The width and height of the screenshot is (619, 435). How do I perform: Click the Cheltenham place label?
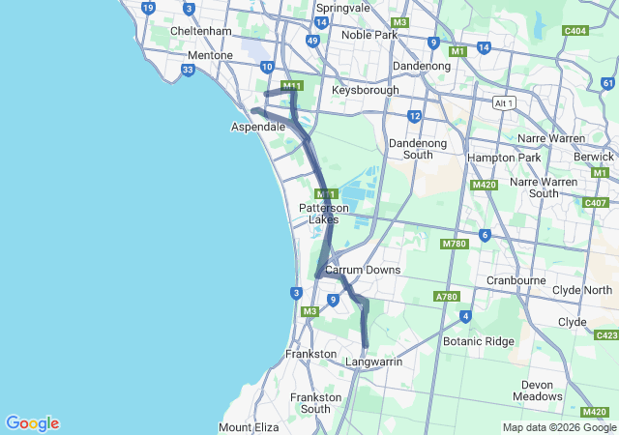pyautogui.click(x=199, y=31)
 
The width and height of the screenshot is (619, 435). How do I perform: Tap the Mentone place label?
pyautogui.click(x=210, y=55)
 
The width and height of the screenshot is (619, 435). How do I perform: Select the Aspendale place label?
pyautogui.click(x=257, y=127)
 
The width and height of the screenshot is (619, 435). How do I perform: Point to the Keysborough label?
pyautogui.click(x=365, y=90)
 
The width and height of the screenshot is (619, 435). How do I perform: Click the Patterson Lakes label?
pyautogui.click(x=324, y=214)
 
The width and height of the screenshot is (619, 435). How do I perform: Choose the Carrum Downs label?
pyautogui.click(x=363, y=270)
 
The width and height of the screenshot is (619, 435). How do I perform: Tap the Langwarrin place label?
pyautogui.click(x=373, y=362)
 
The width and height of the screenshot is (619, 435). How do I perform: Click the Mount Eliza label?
pyautogui.click(x=249, y=427)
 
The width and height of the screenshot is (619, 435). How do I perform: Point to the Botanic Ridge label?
pyautogui.click(x=478, y=341)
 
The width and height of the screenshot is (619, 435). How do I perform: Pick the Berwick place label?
pyautogui.click(x=594, y=156)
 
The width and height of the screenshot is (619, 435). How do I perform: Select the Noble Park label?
pyautogui.click(x=370, y=35)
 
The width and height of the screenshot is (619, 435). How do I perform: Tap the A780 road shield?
pyautogui.click(x=446, y=297)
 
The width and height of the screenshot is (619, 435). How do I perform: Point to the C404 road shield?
pyautogui.click(x=575, y=31)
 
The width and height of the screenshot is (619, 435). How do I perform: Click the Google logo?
pyautogui.click(x=32, y=423)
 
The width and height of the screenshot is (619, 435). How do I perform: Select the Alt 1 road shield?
pyautogui.click(x=503, y=102)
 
